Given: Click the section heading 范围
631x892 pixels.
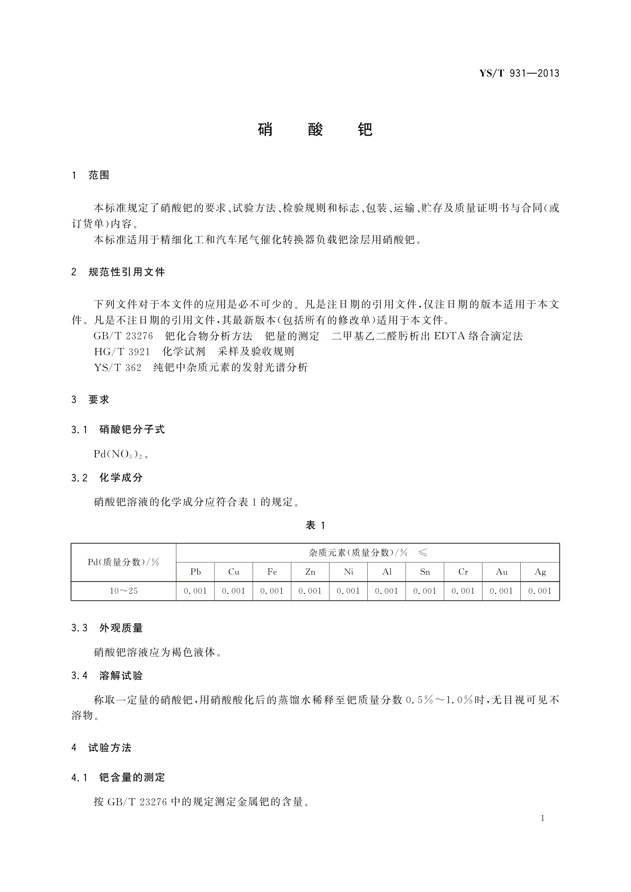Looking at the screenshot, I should (x=99, y=175).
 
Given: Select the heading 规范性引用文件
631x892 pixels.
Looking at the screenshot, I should (x=127, y=272).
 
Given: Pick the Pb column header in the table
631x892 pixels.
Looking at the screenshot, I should (x=195, y=572).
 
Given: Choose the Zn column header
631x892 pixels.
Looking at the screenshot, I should (x=310, y=572).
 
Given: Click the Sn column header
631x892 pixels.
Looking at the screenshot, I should (x=425, y=572).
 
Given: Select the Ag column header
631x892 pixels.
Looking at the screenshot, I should (x=540, y=572).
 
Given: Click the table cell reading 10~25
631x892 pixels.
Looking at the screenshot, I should (x=123, y=591).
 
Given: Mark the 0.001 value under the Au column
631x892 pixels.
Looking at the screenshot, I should (x=501, y=591).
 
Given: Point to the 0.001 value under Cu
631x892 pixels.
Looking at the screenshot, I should (x=234, y=591).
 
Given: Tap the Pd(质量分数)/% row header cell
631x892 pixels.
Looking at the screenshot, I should (x=123, y=562).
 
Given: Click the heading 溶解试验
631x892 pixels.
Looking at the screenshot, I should (x=121, y=676).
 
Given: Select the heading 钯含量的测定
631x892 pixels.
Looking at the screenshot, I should (x=132, y=778).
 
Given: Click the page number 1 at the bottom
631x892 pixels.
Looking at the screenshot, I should (x=543, y=818).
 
